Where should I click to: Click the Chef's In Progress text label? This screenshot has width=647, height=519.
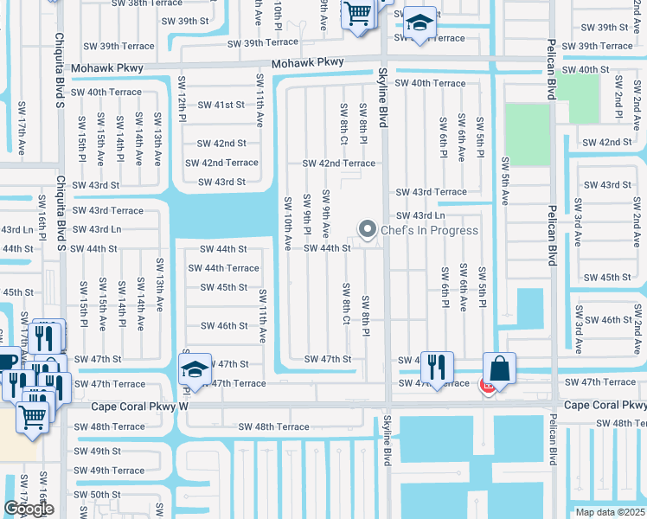[430, 230]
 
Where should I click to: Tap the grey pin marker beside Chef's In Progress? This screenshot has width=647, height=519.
[368, 229]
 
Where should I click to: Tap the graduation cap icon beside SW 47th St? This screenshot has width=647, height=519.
[196, 369]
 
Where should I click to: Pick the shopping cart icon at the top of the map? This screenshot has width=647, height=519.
[356, 15]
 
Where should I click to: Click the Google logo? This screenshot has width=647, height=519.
[29, 509]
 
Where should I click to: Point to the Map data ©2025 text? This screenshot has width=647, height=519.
[610, 512]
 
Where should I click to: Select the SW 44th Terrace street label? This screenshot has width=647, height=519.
[223, 268]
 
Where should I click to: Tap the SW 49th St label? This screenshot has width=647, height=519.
[97, 451]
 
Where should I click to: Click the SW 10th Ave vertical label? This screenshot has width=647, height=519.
[288, 223]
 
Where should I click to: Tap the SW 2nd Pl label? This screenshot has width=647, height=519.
[618, 95]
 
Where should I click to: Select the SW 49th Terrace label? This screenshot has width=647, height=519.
[109, 471]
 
